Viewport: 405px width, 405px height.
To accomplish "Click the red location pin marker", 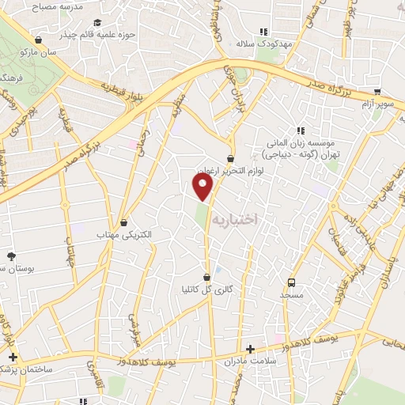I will [x=203, y=187].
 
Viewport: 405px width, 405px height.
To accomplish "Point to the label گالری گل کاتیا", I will [x=207, y=290].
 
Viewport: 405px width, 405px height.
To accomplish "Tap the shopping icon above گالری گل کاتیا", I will [x=207, y=278].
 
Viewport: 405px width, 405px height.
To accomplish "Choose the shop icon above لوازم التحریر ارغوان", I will [x=230, y=158].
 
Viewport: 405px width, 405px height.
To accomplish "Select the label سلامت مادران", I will [x=250, y=361].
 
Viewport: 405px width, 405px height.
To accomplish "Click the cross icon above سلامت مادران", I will [x=250, y=348].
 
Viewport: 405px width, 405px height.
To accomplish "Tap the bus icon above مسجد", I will [x=291, y=282].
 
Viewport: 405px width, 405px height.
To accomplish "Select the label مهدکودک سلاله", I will [x=267, y=44].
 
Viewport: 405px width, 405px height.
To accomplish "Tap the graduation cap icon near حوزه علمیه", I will [x=97, y=23].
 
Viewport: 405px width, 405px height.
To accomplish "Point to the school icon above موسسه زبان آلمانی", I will [x=299, y=131].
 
